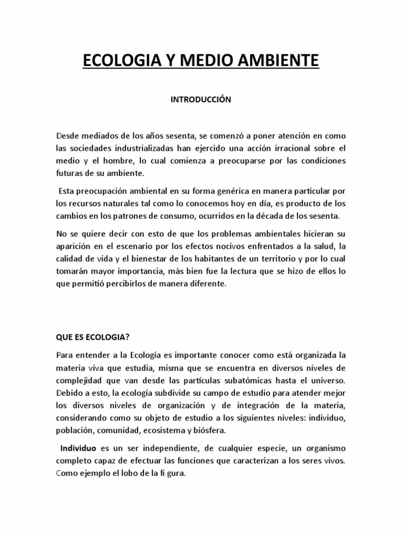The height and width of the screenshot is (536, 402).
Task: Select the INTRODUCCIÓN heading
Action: pos(201,100)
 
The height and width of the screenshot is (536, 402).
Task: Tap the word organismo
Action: pos(324,449)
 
